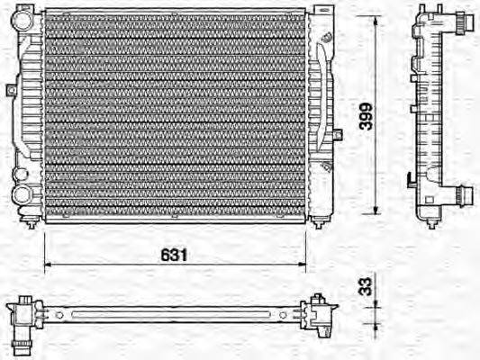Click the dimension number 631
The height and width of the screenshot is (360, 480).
(175, 255)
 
